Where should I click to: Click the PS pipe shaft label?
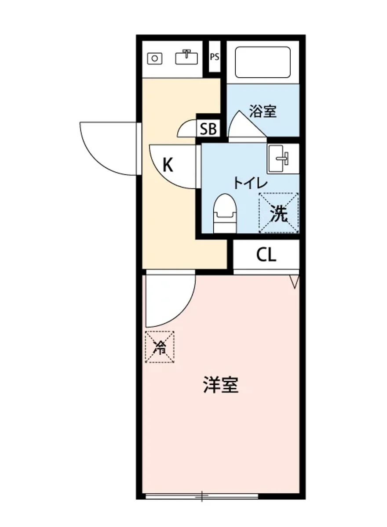pyautogui.click(x=214, y=57)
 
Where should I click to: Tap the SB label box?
pyautogui.click(x=208, y=129)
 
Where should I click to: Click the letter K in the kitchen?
pyautogui.click(x=168, y=165)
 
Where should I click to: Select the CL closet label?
pyautogui.click(x=266, y=255)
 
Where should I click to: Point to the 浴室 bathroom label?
pyautogui.click(x=263, y=111)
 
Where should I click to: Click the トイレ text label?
pyautogui.click(x=245, y=182)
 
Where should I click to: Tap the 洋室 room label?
pyautogui.click(x=221, y=385)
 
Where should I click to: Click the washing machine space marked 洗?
pyautogui.click(x=278, y=213)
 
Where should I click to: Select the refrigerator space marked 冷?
pyautogui.click(x=160, y=347)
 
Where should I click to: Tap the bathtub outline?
pyautogui.click(x=263, y=62)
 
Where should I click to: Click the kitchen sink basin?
pyautogui.click(x=186, y=57)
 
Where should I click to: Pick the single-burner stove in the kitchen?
pyautogui.click(x=154, y=58)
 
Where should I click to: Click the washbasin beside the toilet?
pyautogui.click(x=278, y=158)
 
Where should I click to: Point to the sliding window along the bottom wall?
pyautogui.click(x=202, y=496)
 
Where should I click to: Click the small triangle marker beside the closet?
pyautogui.click(x=294, y=281)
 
